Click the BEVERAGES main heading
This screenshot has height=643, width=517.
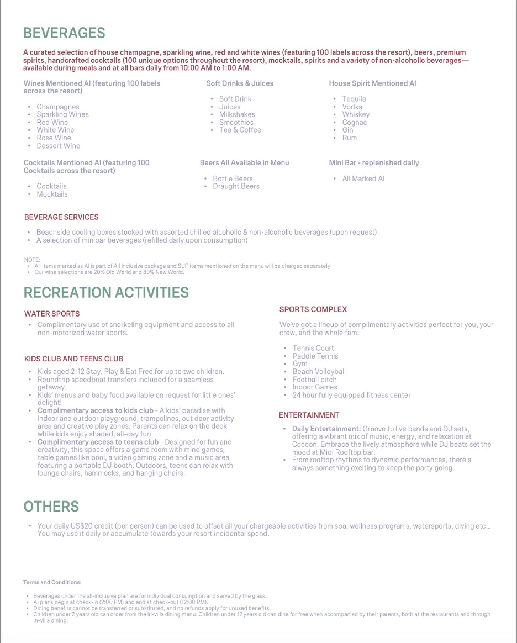[64, 33]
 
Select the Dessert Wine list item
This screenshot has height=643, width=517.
[58, 146]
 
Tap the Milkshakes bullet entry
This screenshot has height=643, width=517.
[237, 114]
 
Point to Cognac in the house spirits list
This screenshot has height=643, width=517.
[354, 122]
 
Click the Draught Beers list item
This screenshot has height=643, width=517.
[236, 186]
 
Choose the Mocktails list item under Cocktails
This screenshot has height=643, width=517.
[52, 194]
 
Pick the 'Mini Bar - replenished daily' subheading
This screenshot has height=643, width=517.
[373, 163]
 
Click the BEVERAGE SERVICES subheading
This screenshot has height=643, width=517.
[61, 217]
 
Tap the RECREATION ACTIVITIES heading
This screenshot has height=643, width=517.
[106, 292]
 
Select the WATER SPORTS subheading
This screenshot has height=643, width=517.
[52, 314]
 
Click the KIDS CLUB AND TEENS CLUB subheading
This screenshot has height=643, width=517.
[73, 359]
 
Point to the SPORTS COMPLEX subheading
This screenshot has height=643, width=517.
[313, 309]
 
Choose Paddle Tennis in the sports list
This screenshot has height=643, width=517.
[315, 356]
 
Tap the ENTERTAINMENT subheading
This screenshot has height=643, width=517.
[309, 415]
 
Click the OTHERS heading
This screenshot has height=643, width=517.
[51, 507]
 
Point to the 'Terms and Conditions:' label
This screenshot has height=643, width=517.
[52, 582]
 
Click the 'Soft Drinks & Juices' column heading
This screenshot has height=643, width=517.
[240, 83]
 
